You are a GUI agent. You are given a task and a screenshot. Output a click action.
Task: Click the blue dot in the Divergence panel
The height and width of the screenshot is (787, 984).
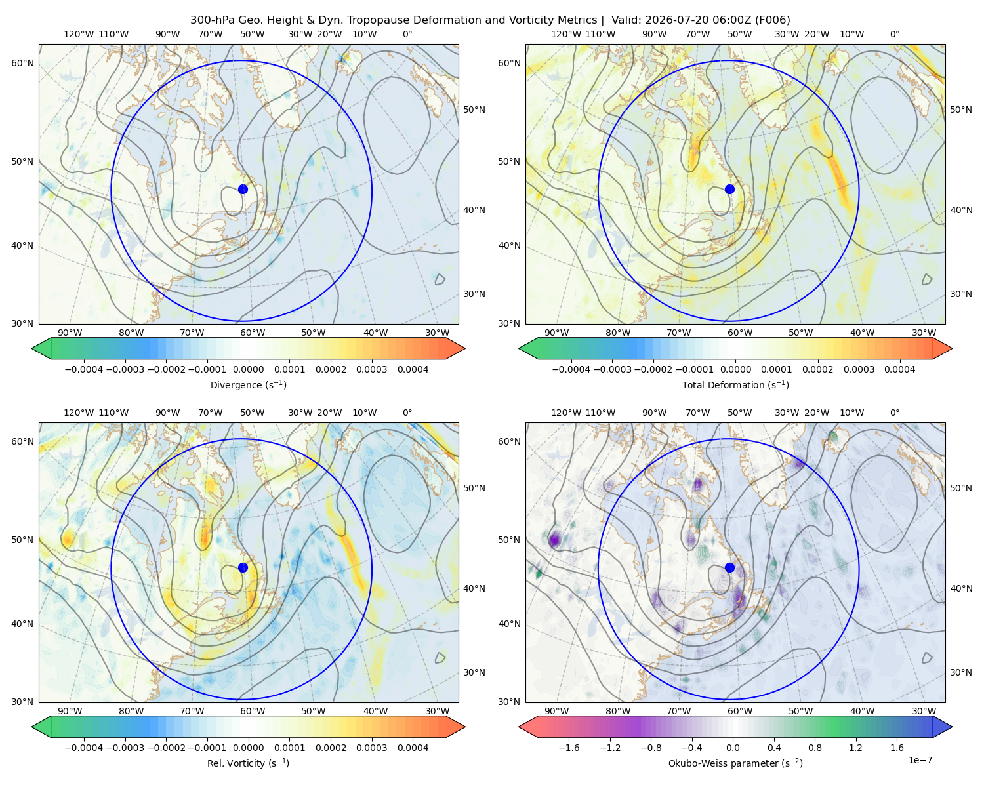point(243,190)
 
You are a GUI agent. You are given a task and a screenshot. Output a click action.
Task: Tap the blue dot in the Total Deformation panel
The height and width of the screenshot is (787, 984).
point(729,190)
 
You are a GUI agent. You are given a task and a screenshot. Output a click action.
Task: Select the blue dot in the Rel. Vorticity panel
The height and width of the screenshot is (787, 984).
point(243,567)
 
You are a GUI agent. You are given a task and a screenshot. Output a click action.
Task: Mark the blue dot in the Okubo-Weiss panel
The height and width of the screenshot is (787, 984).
point(729,567)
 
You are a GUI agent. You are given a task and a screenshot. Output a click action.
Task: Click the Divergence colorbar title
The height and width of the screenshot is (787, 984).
point(248,384)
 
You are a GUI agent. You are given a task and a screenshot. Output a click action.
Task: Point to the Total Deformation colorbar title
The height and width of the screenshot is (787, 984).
point(735,384)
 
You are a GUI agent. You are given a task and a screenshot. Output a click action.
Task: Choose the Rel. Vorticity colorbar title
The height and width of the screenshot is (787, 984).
point(248,763)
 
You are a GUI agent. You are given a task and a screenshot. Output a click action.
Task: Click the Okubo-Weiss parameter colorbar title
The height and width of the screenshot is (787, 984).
point(735,763)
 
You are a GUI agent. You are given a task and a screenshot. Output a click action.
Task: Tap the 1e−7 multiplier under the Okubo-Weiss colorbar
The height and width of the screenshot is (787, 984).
point(920,760)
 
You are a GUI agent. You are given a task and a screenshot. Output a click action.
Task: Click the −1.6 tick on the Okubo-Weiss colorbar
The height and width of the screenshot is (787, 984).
point(569,748)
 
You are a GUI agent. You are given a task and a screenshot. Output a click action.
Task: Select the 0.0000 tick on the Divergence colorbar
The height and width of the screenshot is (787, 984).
point(248,369)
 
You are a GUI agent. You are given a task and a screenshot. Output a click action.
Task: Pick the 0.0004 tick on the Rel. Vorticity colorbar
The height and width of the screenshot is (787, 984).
point(413,748)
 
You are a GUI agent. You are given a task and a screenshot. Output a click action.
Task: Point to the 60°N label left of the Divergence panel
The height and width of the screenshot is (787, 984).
point(22,63)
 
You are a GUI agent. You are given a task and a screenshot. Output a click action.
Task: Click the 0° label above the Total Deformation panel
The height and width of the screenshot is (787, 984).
point(895,34)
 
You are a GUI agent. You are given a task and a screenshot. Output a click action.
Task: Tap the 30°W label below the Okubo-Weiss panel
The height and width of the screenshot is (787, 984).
point(924,711)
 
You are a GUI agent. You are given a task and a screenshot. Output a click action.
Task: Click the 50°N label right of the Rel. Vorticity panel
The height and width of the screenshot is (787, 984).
point(474,488)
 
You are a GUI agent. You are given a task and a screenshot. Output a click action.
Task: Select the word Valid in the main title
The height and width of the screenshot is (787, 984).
point(624,20)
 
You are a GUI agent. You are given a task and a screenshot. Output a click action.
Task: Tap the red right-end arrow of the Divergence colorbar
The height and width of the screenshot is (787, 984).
point(455,348)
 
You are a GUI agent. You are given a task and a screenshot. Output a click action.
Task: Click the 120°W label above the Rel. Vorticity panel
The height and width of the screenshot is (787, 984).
point(79,413)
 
